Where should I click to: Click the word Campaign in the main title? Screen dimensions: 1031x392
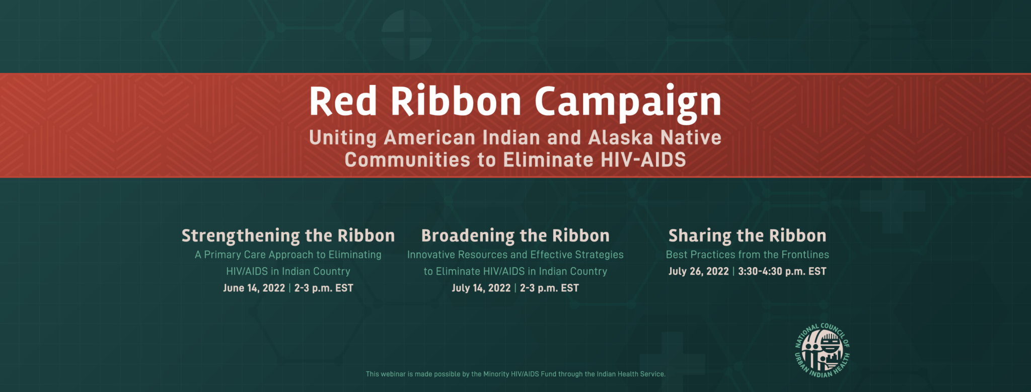coord(628,103)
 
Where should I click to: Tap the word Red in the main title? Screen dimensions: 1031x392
coord(343,101)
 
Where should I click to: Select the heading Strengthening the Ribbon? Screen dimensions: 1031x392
coord(288,236)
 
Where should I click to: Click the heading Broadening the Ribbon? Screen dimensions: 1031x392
coord(515,236)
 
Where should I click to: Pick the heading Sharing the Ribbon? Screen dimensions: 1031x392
coord(747,236)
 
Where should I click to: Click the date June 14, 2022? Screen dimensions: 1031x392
coord(254,288)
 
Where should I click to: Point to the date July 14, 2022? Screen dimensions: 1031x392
coord(481,288)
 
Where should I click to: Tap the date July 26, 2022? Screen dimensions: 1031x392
coord(698,271)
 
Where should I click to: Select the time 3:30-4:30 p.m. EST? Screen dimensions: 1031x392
coord(782,271)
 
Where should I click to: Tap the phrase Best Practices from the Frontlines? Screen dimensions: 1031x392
coord(747,255)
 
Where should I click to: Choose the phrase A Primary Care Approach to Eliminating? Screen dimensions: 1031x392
coord(288,255)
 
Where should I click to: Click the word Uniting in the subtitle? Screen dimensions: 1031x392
coord(343,138)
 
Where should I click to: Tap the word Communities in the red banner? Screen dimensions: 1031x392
coord(407,160)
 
